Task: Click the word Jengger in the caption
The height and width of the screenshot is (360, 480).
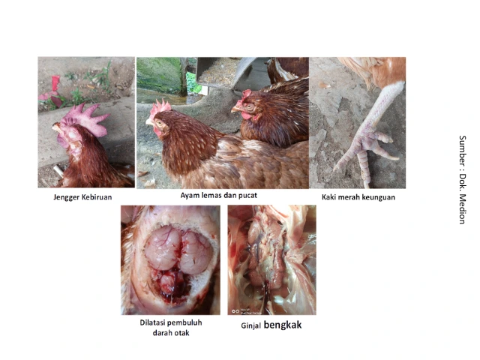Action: (67, 197)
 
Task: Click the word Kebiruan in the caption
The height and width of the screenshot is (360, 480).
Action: (97, 197)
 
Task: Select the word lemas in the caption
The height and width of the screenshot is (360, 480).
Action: (212, 195)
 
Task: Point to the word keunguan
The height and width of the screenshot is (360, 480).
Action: (378, 197)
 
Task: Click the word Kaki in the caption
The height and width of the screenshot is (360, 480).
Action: (328, 197)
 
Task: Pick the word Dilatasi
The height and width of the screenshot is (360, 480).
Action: (152, 322)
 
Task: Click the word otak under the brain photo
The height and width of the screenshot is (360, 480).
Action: (182, 333)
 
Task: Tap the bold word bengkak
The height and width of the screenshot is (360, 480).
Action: (283, 325)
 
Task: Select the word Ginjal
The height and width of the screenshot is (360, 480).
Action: (250, 325)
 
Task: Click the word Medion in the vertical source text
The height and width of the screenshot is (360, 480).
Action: (462, 208)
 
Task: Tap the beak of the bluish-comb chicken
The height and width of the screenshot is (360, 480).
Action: (55, 127)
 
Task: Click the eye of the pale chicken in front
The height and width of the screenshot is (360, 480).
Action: (160, 123)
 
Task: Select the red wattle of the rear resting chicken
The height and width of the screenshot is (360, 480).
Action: (246, 115)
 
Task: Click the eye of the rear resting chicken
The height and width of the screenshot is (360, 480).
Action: (249, 106)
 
